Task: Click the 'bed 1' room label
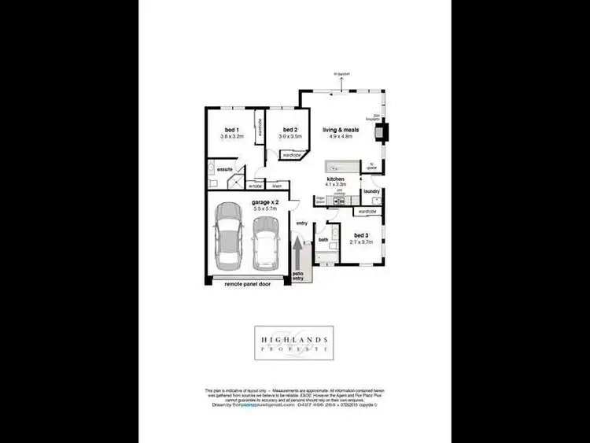pos(231,129)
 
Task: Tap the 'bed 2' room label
pos(289,129)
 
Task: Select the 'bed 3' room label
pos(361,235)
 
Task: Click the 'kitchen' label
pos(337,179)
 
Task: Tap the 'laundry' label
pos(372,190)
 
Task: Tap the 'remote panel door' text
pos(248,283)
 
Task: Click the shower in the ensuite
pos(234,183)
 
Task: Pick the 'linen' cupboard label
pos(277,186)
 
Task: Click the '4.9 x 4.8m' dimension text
pos(341,136)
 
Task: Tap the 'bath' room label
pos(323,239)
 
